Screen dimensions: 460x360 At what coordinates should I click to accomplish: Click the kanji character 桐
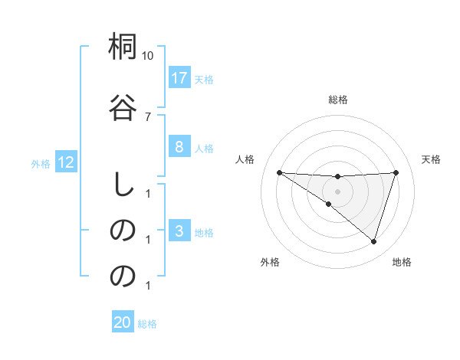[x=123, y=48]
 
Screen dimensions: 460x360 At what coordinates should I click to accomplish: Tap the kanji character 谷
[x=123, y=106]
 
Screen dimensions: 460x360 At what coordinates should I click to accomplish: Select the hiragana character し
[x=123, y=185]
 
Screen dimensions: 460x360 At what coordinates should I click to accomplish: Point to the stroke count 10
[x=148, y=56]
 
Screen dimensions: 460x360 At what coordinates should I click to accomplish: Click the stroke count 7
[x=148, y=116]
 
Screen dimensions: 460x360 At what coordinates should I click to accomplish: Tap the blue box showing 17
[x=179, y=77]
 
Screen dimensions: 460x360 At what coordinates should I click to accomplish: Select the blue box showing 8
[x=179, y=148]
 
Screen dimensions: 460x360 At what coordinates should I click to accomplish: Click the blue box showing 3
[x=179, y=231]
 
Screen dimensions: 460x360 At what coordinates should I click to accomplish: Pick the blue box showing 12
[x=65, y=162]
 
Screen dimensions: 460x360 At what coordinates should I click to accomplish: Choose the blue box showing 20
[x=123, y=322]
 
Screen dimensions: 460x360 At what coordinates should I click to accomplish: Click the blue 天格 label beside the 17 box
[x=204, y=79]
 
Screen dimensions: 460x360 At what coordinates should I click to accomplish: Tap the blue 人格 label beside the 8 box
[x=204, y=149]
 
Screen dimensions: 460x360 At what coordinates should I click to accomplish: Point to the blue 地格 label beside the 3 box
[x=204, y=232]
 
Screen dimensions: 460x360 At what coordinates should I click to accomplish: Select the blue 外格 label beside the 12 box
[x=41, y=162]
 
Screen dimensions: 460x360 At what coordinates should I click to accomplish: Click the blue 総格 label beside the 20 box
[x=147, y=323]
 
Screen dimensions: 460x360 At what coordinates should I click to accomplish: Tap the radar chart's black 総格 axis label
[x=338, y=100]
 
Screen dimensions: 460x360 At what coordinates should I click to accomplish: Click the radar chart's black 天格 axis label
[x=432, y=159]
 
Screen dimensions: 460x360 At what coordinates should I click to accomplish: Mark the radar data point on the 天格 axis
[x=396, y=172]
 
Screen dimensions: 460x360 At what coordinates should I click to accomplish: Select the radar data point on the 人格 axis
[x=279, y=172]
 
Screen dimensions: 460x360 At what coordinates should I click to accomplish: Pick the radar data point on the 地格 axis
[x=373, y=241]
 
